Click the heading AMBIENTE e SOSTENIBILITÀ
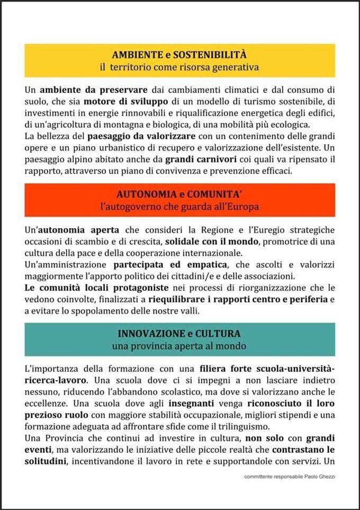pyautogui.click(x=179, y=55)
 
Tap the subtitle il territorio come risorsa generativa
pyautogui.click(x=179, y=67)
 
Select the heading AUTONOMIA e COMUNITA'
pyautogui.click(x=179, y=194)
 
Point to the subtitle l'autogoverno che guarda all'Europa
pyautogui.click(x=179, y=207)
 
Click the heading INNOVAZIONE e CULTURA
pyautogui.click(x=179, y=334)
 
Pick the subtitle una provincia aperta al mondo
pyautogui.click(x=179, y=346)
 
